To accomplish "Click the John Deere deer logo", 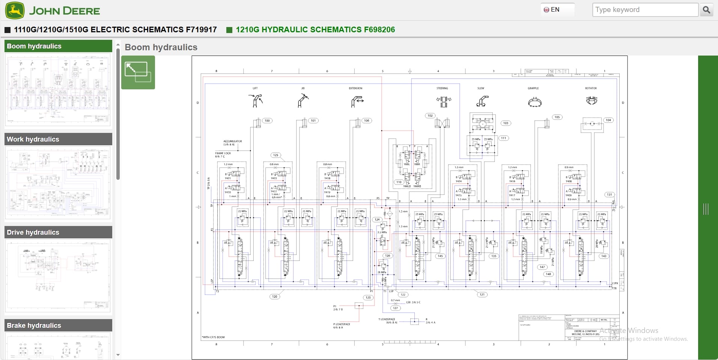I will (x=15, y=10).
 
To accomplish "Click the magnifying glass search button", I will (x=706, y=10).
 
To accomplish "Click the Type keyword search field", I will (x=645, y=10).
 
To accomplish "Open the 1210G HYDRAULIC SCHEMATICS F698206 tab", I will (x=315, y=30).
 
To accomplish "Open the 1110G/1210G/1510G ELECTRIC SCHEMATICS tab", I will (x=115, y=30).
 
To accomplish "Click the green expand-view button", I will (x=138, y=72).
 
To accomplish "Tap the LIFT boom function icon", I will (x=255, y=101).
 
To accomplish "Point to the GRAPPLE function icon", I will (x=534, y=102).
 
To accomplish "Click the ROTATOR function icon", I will (x=592, y=100).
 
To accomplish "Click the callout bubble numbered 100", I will (x=267, y=121).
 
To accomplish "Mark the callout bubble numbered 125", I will (x=276, y=155).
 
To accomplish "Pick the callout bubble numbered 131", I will (x=609, y=194).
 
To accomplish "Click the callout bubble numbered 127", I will (x=395, y=308).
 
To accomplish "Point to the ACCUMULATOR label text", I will (x=233, y=142).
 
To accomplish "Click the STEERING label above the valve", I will (x=442, y=88).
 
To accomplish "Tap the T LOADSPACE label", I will (x=387, y=319).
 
